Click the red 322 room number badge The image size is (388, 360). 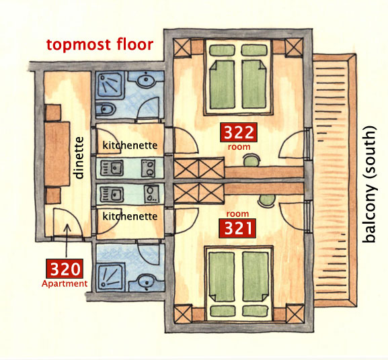(239, 132)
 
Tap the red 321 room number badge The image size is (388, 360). (237, 228)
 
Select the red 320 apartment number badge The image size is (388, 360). (65, 269)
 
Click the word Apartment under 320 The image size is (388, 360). (65, 283)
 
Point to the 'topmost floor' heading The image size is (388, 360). (100, 45)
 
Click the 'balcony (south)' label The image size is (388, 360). (369, 184)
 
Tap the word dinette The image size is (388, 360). (79, 158)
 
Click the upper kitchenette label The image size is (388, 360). (130, 145)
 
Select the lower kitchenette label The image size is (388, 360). (130, 216)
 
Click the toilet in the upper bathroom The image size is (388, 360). (106, 108)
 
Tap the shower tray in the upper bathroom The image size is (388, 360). (110, 84)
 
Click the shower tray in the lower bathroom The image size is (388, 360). (110, 277)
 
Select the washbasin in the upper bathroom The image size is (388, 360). (145, 80)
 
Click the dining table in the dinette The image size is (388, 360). (57, 154)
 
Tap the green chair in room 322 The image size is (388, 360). (252, 161)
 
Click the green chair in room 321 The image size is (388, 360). (267, 200)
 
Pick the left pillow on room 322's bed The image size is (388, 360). (222, 50)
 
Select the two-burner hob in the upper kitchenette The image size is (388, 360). (148, 168)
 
